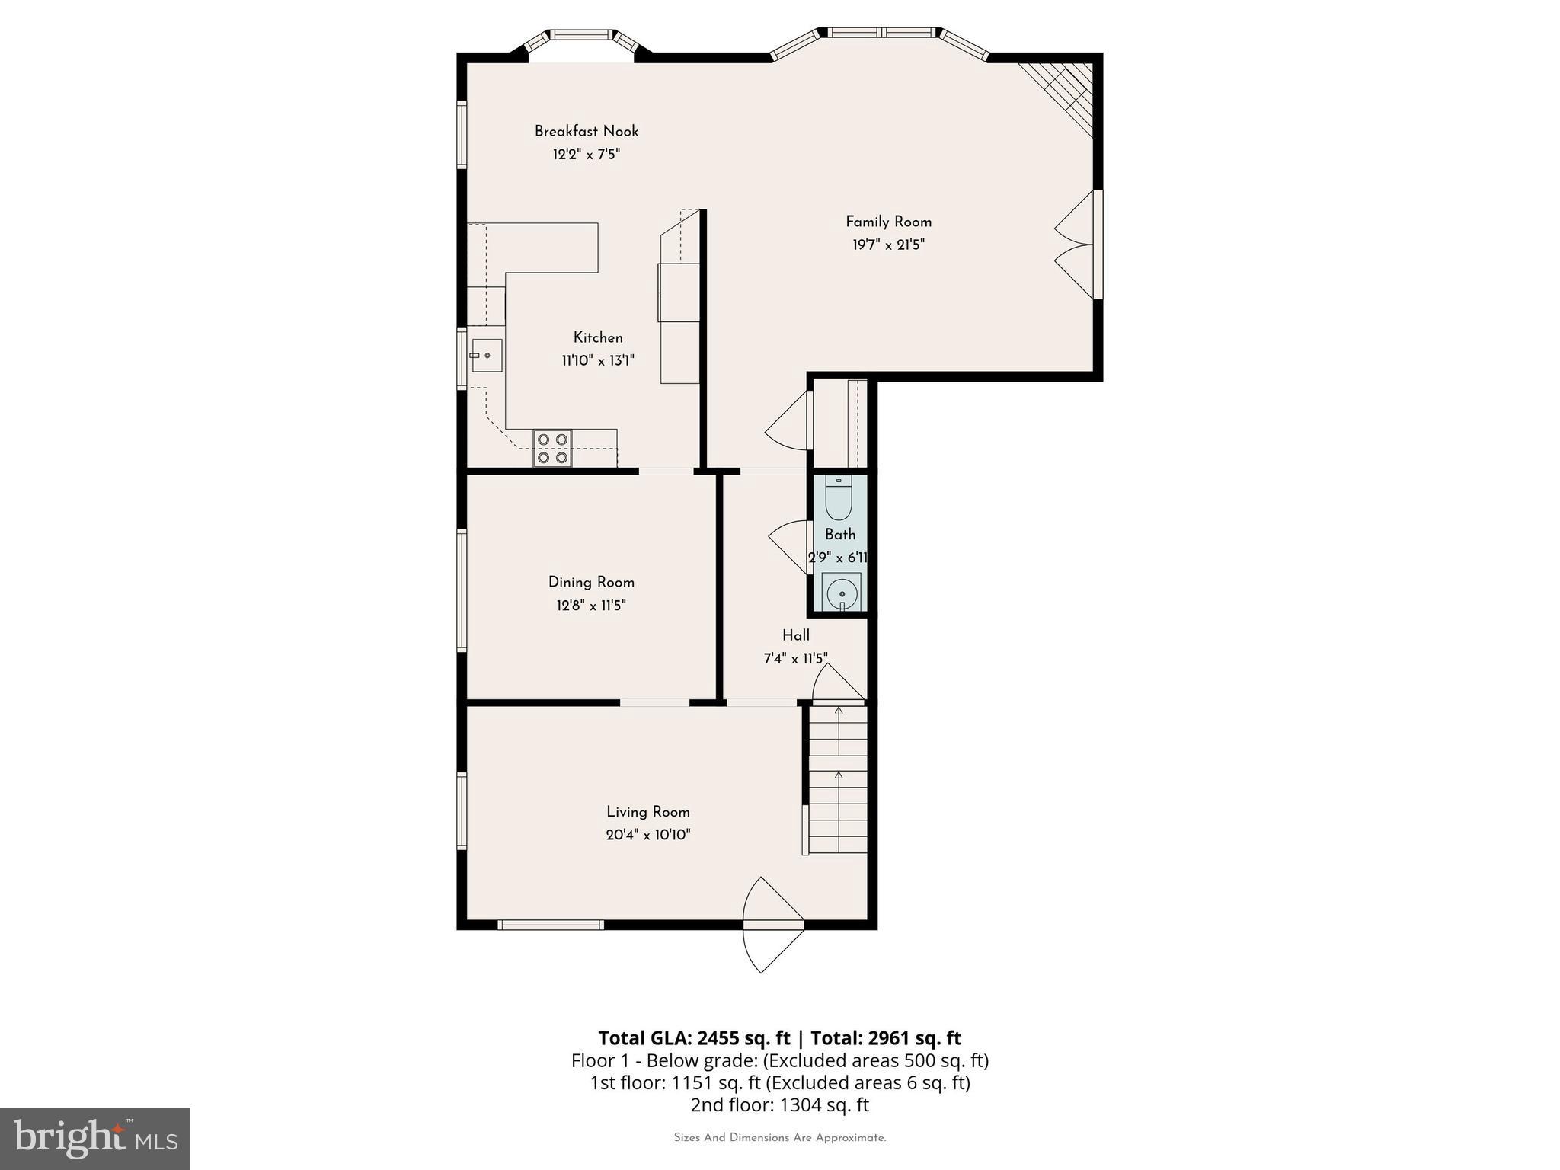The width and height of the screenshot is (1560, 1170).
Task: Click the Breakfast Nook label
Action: point(586,132)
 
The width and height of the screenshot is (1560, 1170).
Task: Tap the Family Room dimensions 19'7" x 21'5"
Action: point(888,245)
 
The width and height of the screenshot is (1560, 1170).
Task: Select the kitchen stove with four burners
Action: point(552,448)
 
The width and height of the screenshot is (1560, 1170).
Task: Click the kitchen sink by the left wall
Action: point(486,355)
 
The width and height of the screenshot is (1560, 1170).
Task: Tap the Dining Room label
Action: point(591,583)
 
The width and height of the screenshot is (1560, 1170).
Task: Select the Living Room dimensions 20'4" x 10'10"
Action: point(648,835)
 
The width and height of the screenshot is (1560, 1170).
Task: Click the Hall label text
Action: point(796,635)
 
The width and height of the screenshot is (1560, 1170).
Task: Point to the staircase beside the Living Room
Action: point(838,779)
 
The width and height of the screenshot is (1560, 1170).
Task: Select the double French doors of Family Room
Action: point(1076,245)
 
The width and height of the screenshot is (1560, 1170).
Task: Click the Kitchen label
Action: point(598,337)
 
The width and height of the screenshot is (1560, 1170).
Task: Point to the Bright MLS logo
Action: point(95,1138)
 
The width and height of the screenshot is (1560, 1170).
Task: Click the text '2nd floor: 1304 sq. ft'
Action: point(779,1105)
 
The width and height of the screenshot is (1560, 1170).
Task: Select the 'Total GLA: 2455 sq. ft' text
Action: point(694,1038)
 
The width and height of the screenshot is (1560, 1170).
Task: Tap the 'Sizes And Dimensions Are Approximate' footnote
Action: point(779,1138)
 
